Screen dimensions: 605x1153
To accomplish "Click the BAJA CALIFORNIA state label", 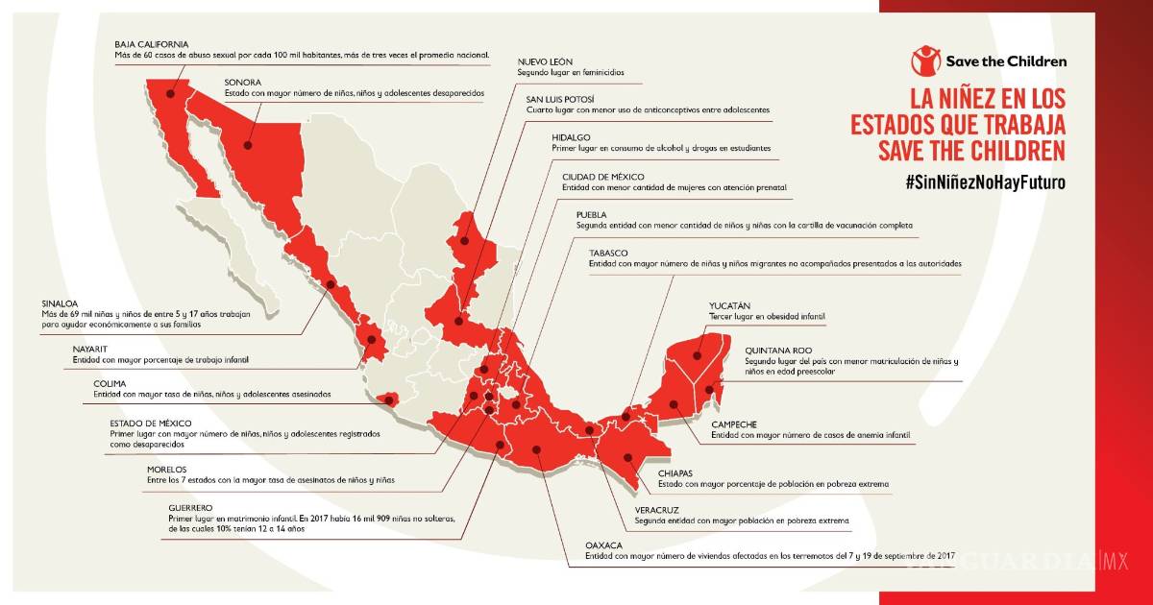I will point(151,44).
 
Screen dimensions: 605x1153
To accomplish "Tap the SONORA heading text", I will point(242,83).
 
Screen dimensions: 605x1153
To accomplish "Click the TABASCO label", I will point(608,253).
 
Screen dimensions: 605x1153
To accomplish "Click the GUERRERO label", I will point(188,506).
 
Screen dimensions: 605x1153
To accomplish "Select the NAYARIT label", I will point(93,349).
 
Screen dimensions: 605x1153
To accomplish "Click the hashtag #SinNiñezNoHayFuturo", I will point(985,182).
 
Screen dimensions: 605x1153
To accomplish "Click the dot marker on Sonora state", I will point(247,147).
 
